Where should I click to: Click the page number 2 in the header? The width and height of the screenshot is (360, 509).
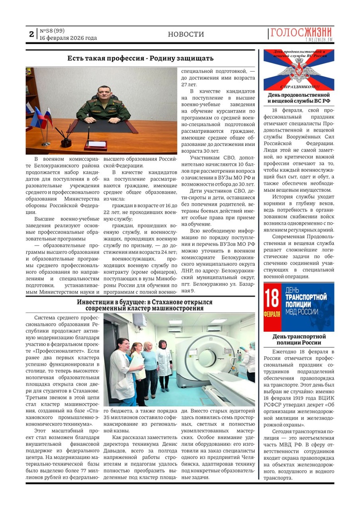click(x=31, y=34)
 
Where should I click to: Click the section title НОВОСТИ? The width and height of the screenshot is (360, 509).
click(x=186, y=34)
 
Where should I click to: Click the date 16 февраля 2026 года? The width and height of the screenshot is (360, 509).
click(x=68, y=38)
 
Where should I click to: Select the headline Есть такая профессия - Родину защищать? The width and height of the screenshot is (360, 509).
click(x=140, y=59)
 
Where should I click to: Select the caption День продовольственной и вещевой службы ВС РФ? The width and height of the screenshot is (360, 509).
click(x=298, y=98)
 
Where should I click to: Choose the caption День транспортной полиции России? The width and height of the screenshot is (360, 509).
click(x=298, y=339)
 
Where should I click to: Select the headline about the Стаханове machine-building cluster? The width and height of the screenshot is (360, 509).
click(x=144, y=305)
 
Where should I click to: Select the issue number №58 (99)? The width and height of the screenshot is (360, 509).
click(x=52, y=31)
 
